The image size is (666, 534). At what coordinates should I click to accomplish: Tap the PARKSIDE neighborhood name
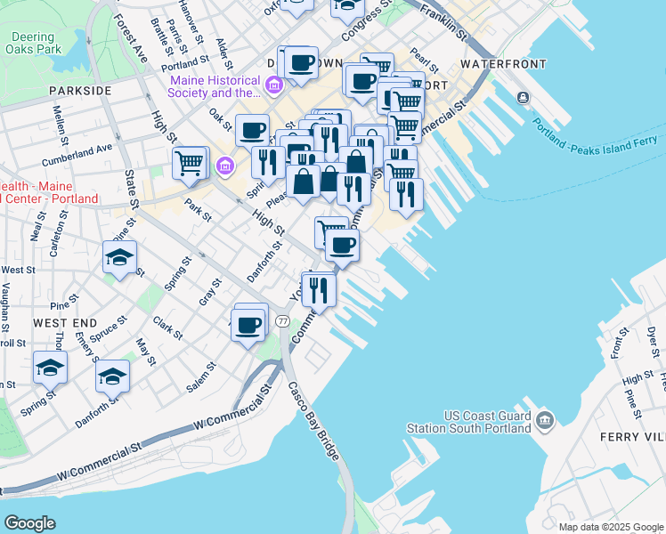tap(80, 91)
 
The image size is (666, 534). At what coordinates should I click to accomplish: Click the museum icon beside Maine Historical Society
tap(274, 86)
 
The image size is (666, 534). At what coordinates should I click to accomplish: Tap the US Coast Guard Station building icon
tap(545, 418)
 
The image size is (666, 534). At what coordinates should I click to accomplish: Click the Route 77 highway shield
tap(282, 320)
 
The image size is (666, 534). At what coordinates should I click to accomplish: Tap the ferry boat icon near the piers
tap(523, 97)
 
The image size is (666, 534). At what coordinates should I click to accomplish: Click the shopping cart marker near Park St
tap(190, 163)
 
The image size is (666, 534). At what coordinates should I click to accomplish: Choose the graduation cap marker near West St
tap(119, 257)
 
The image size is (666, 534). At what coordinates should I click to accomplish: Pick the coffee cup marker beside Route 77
tap(248, 324)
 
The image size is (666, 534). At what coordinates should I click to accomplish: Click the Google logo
tap(30, 523)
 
